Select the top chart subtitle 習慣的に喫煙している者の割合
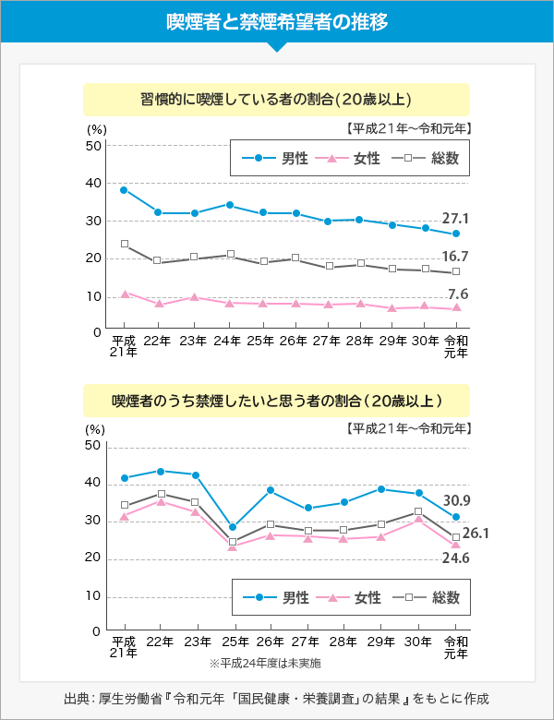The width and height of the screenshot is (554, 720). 276,99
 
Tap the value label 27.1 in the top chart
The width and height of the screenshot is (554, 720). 455,219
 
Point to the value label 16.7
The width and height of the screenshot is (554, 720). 455,257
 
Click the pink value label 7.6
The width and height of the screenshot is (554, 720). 458,294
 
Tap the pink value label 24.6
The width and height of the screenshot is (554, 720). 455,558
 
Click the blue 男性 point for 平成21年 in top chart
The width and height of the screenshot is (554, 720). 124,190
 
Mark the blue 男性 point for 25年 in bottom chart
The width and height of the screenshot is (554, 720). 233,527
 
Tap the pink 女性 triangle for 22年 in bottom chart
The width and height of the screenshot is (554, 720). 161,501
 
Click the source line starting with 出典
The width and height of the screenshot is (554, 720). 276,698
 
